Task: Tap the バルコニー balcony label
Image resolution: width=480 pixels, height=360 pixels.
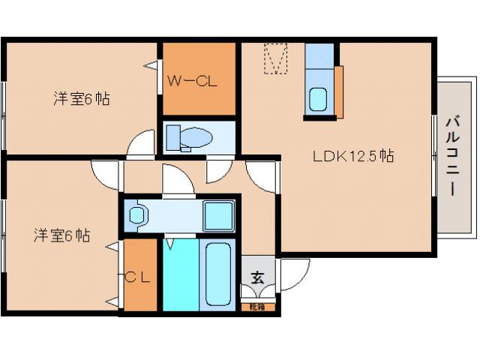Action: tap(452, 155)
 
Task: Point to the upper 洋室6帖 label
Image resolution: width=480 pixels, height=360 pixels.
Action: tap(81, 98)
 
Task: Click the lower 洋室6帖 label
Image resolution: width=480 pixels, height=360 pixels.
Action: tap(61, 235)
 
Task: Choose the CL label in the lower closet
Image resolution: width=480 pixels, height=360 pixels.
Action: tap(139, 277)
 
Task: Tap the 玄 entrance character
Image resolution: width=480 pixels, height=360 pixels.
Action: tap(257, 277)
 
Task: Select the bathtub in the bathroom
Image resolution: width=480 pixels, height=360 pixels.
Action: tap(217, 274)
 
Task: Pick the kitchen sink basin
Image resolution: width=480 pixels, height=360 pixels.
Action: tap(318, 98)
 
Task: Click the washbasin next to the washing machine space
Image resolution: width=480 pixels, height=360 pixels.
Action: tap(137, 215)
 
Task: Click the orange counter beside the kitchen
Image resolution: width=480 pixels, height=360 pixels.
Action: tap(339, 91)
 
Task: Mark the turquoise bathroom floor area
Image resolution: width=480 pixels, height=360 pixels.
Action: tap(180, 274)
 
